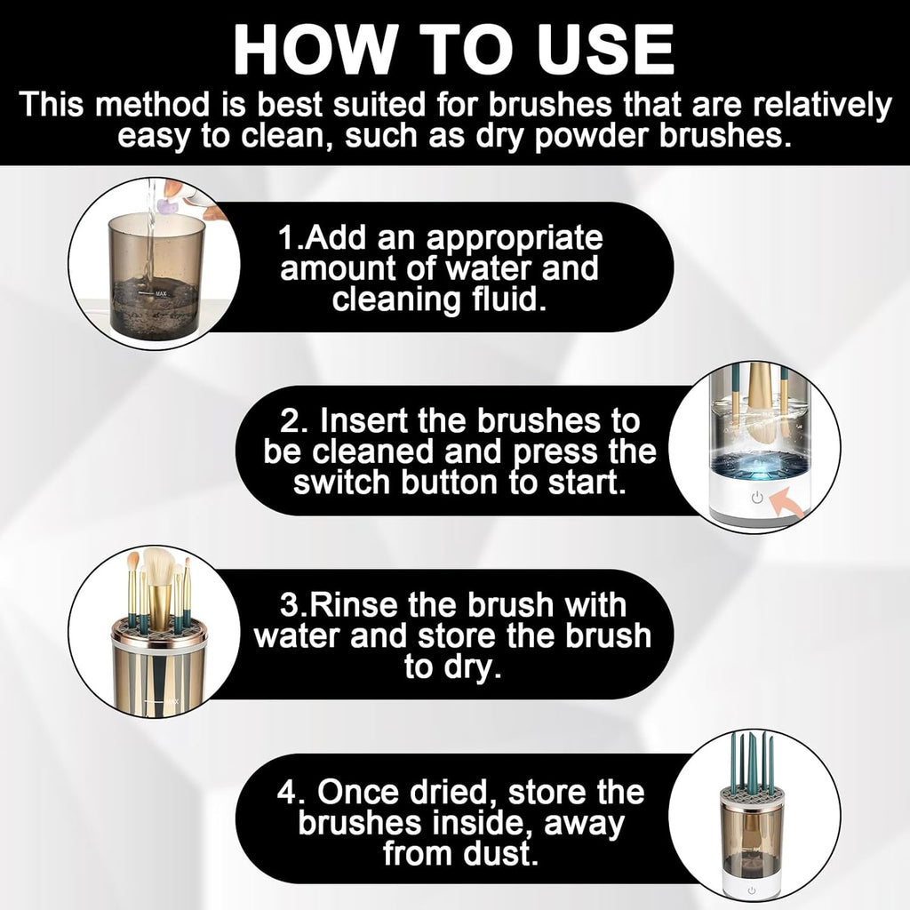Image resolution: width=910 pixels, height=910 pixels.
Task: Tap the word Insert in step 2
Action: pos(371,419)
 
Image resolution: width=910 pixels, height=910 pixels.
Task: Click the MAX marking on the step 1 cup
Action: pos(162,291)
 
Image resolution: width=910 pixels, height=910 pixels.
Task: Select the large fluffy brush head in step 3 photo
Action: pos(162,564)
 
